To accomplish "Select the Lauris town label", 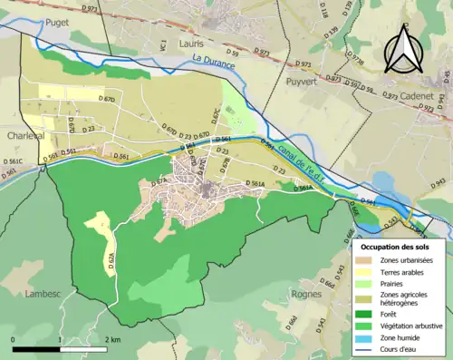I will tap(192, 43).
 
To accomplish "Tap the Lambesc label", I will tap(43, 294).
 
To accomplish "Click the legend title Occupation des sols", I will tap(396, 247).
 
